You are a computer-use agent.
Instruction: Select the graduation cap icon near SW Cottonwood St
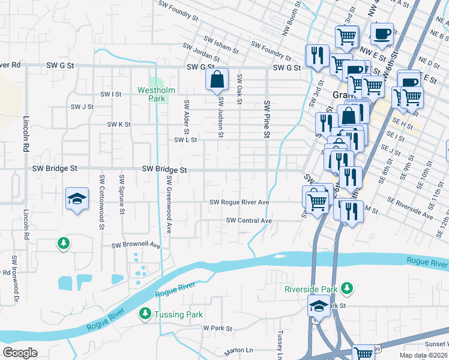pyautogui.click(x=77, y=199)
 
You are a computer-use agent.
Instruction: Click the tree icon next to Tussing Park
pyautogui.click(x=145, y=314)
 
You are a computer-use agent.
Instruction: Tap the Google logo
pyautogui.click(x=20, y=353)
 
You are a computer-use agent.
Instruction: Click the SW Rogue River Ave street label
pyautogui.click(x=239, y=203)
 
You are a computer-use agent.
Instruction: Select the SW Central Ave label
pyautogui.click(x=249, y=221)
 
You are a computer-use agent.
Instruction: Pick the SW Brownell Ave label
pyautogui.click(x=136, y=245)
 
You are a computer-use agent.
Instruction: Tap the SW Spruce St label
pyautogui.click(x=122, y=194)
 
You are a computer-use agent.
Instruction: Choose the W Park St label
pyautogui.click(x=217, y=328)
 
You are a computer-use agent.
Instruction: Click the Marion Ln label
pyautogui.click(x=239, y=350)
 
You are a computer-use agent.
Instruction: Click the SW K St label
pyautogui.click(x=119, y=124)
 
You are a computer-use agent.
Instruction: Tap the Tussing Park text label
pyautogui.click(x=178, y=314)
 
